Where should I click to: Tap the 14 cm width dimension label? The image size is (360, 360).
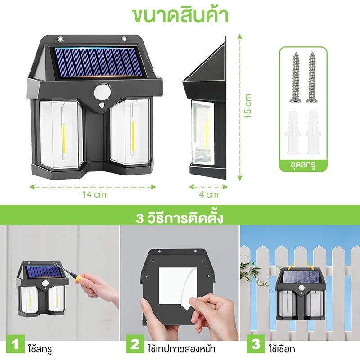pos(94,194)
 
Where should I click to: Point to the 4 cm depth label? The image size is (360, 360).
pos(208,194)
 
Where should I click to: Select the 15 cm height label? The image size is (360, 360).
pos(248,106)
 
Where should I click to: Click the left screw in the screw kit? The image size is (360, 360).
pos(296,77)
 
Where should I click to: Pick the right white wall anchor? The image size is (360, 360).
pos(313,133)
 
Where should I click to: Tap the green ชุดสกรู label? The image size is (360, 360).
pos(303,165)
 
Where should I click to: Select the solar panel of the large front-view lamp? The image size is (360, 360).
pos(97,62)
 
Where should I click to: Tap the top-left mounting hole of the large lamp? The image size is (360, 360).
pos(60,39)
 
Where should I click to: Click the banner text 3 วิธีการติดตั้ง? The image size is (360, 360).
pos(180,218)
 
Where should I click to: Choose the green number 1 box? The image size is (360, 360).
pos(15,344)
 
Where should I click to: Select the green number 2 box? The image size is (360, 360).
pos(135,344)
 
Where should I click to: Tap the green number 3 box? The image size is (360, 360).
pos(256,344)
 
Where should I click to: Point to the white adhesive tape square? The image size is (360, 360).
pos(178,286)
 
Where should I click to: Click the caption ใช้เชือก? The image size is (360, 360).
pos(282,348)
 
